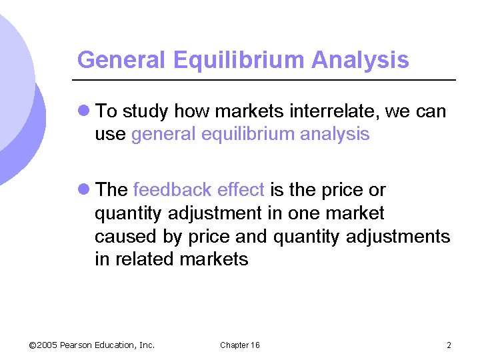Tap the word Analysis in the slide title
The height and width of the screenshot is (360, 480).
tap(360, 60)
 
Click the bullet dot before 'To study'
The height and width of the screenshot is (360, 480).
tap(84, 111)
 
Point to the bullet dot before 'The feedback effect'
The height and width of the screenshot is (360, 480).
tap(84, 190)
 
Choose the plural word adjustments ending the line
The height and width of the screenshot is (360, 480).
tap(398, 237)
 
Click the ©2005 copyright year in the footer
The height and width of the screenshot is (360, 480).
tap(43, 345)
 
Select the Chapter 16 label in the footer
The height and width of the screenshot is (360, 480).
tap(240, 345)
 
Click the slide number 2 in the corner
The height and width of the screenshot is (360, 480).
tap(449, 345)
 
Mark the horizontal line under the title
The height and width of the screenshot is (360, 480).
tap(267, 81)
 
